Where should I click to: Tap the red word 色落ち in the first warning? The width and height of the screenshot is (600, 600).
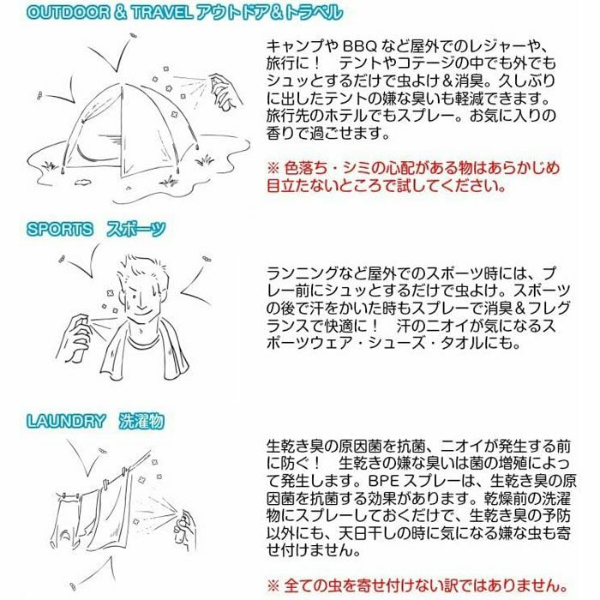309,166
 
